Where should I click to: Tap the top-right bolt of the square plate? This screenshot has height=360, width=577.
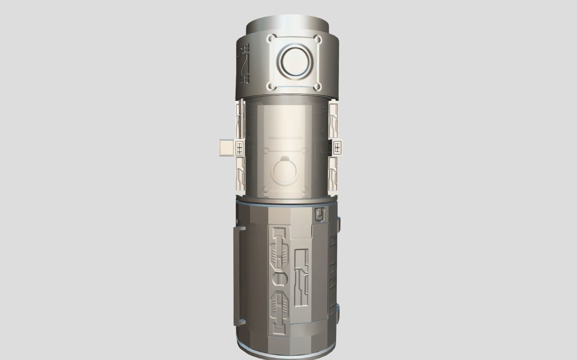click(317, 39)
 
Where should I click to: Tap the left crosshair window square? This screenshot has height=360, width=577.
click(240, 147)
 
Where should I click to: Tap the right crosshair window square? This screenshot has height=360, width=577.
click(337, 147)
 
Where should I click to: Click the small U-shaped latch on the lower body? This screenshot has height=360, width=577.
click(319, 215)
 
